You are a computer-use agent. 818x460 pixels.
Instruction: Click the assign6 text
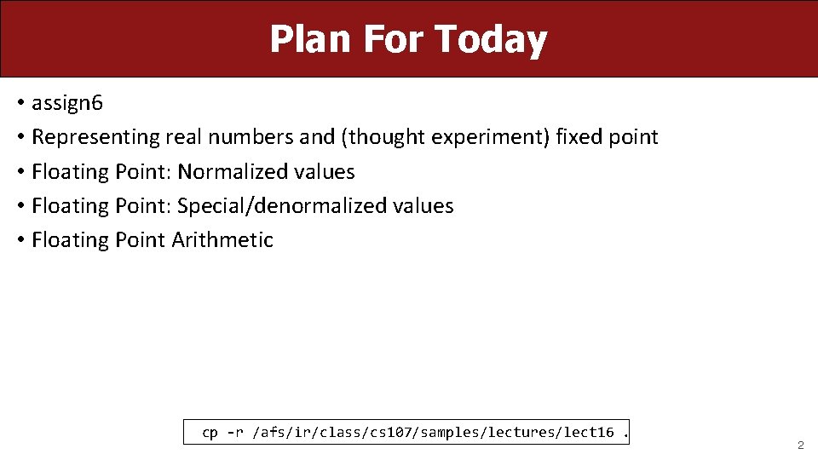tap(67, 104)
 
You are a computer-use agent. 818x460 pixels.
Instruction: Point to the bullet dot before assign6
tap(20, 104)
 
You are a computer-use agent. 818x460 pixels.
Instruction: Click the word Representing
tap(95, 137)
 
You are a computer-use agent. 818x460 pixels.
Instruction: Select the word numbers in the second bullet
tap(253, 137)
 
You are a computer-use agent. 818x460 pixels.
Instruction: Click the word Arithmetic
tap(222, 240)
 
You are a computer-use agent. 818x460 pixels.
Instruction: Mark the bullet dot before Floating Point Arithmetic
tap(20, 240)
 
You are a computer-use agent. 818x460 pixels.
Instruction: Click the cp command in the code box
tap(210, 433)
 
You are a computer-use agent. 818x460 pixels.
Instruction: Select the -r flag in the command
tap(234, 433)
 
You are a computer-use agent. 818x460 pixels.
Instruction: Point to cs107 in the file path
tap(388, 433)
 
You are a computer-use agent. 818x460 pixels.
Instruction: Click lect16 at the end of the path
tap(588, 433)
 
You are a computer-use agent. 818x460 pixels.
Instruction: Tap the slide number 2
tap(800, 446)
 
